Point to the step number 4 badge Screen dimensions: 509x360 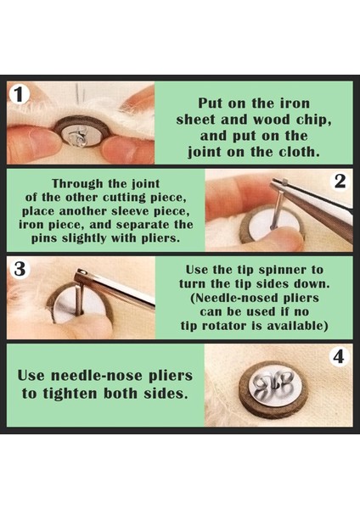[340, 356]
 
